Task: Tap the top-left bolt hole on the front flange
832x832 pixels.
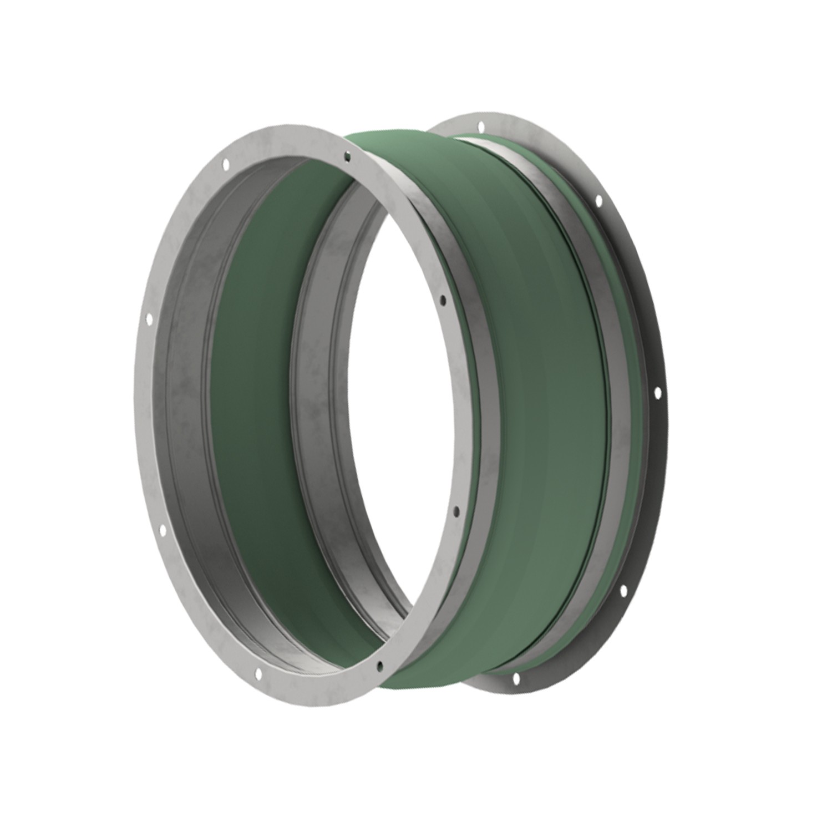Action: (x=225, y=164)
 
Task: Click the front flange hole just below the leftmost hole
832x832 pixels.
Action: (x=164, y=531)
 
